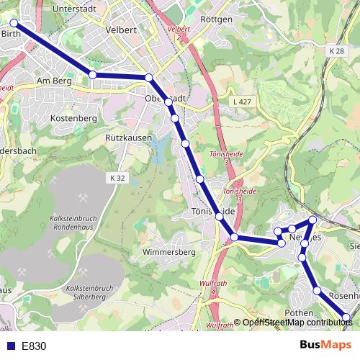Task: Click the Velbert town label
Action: point(120,30)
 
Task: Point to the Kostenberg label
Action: point(75,117)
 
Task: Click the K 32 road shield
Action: point(119,177)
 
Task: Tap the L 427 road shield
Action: point(242,103)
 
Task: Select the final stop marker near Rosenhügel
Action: point(346,317)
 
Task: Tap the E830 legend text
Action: point(34,346)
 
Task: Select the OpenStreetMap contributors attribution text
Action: point(297,323)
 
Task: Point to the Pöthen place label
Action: point(299,313)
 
